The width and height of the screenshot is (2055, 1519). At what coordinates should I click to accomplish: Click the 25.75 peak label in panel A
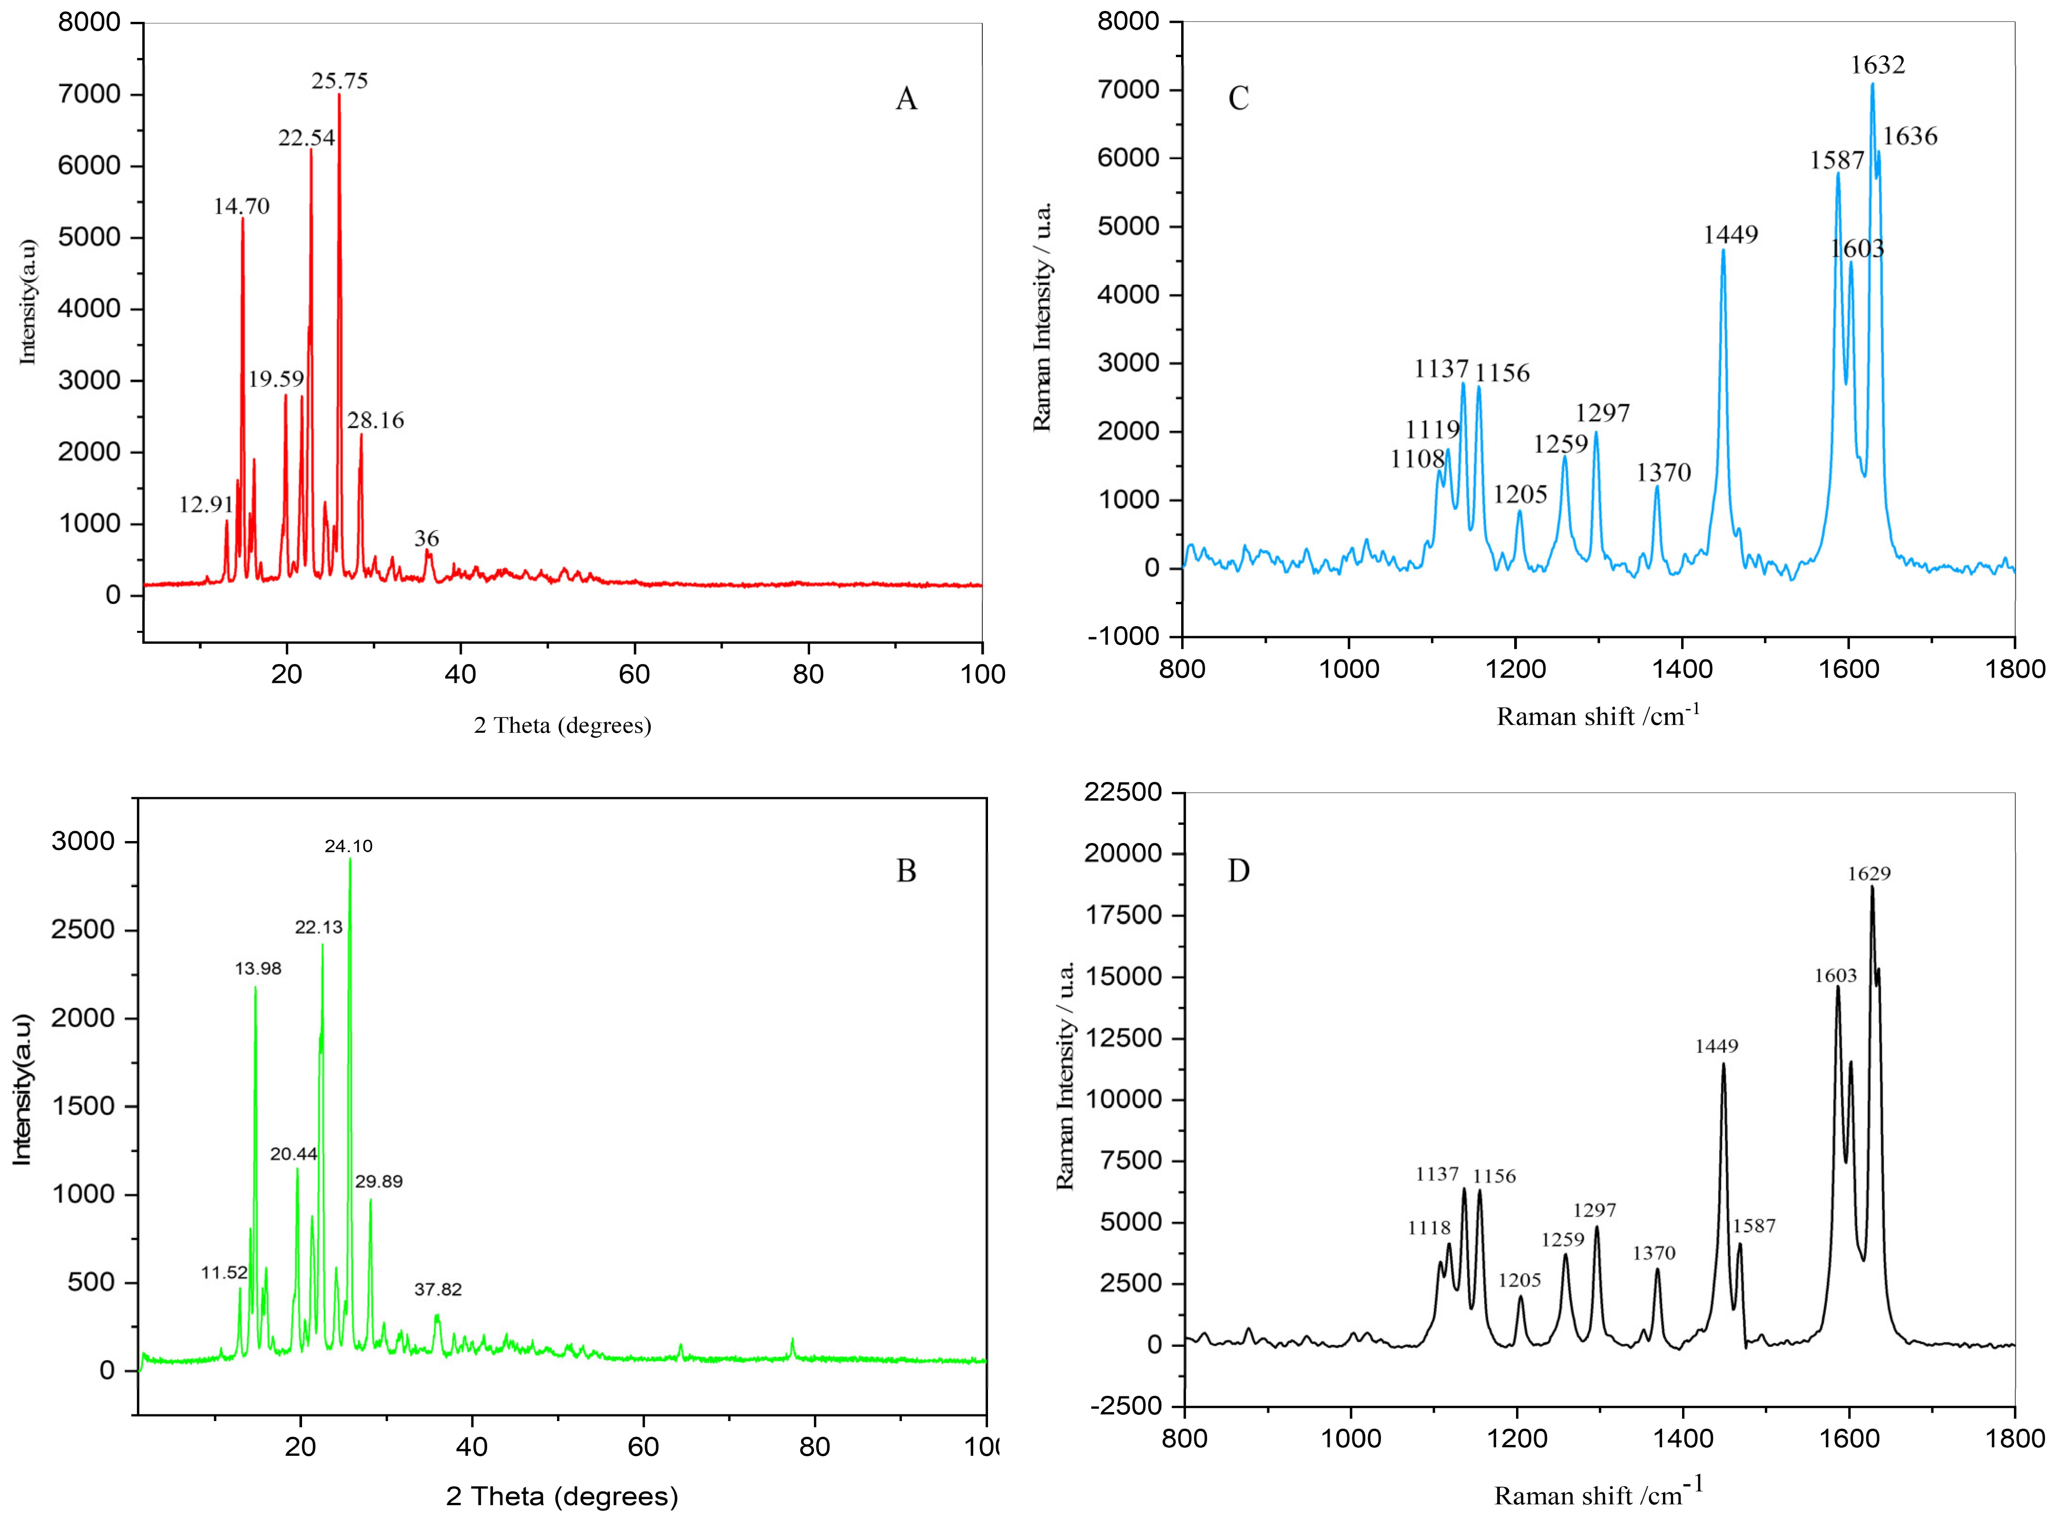coord(340,81)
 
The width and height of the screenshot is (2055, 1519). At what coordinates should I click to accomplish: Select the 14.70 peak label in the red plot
coord(242,206)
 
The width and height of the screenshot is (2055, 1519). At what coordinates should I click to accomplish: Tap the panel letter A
coord(906,98)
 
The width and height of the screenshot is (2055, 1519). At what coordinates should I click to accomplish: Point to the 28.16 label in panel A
coord(375,420)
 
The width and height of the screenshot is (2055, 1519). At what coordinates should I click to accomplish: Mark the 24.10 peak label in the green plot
coord(349,846)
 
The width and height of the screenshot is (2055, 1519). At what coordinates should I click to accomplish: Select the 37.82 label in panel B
coord(438,1290)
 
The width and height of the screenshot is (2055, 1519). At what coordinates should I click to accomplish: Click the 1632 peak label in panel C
coord(1878,64)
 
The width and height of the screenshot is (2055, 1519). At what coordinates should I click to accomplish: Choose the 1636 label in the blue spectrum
coord(1909,136)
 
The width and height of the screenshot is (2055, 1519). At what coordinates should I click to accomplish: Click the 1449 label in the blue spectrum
coord(1730,234)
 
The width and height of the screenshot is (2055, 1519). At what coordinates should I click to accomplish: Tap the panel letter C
coord(1238,98)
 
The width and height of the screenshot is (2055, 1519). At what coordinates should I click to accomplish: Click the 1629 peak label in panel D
coord(1869,873)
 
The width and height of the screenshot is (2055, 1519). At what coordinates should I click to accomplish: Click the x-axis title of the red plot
coord(562,726)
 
